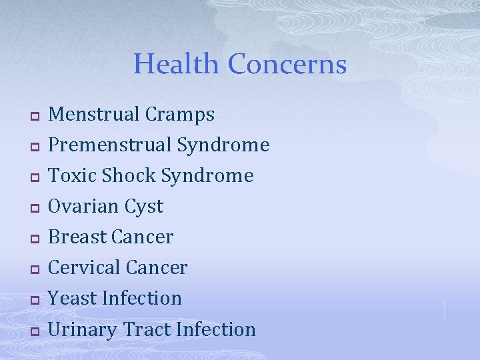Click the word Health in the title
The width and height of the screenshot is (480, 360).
coord(176,64)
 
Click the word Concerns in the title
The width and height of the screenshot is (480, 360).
coord(287,64)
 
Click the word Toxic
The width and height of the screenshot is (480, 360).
coord(72,175)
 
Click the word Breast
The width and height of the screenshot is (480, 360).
coord(78,237)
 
